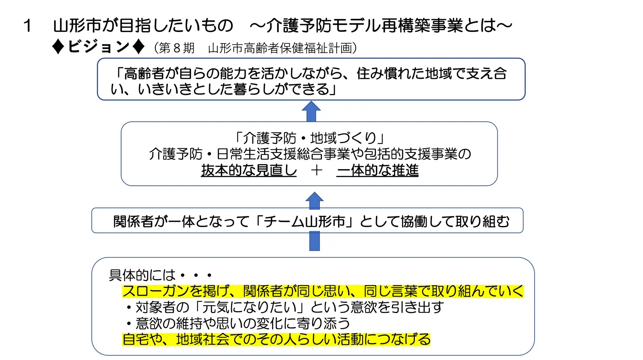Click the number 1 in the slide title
click(x=28, y=26)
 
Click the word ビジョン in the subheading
click(x=98, y=46)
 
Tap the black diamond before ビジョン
click(x=58, y=47)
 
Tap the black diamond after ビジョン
click(x=138, y=47)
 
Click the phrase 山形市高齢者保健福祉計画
click(x=280, y=48)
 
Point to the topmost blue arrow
click(x=311, y=111)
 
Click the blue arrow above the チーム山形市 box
click(x=315, y=200)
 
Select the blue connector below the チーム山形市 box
click(x=315, y=241)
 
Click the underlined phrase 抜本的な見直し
click(x=249, y=170)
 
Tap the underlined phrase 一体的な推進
click(x=378, y=170)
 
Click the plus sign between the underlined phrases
click(x=317, y=170)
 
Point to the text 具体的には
click(x=142, y=275)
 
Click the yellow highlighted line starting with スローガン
click(x=323, y=291)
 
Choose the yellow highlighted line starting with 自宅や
click(x=276, y=339)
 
